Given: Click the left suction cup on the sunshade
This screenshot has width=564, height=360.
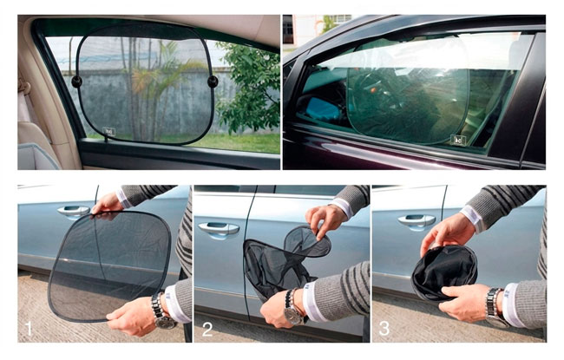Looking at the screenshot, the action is pyautogui.click(x=76, y=82).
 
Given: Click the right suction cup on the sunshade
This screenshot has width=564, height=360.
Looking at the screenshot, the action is pyautogui.click(x=213, y=82).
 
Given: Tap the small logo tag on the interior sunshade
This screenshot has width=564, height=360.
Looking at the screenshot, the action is pyautogui.click(x=109, y=131).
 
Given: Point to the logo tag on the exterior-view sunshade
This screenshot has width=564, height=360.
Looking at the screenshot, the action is pyautogui.click(x=458, y=140).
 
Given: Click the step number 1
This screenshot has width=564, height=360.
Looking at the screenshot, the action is pyautogui.click(x=29, y=329).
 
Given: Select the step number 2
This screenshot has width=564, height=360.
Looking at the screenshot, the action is pyautogui.click(x=207, y=329).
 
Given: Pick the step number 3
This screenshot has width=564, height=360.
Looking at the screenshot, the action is pyautogui.click(x=384, y=329).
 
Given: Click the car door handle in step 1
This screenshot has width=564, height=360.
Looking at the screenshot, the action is pyautogui.click(x=74, y=211).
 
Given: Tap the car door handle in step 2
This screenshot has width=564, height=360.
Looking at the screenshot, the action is pyautogui.click(x=219, y=228).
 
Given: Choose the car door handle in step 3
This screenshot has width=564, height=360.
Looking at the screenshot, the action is pyautogui.click(x=416, y=220).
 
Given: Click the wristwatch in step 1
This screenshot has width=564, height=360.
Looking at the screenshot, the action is pyautogui.click(x=162, y=311).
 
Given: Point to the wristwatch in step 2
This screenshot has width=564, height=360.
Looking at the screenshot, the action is pyautogui.click(x=293, y=308).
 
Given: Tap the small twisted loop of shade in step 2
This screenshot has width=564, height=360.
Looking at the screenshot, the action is pyautogui.click(x=307, y=241).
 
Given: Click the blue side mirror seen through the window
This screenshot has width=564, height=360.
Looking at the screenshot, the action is pyautogui.click(x=322, y=108).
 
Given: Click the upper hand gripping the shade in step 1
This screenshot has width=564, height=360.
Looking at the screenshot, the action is pyautogui.click(x=107, y=204).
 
